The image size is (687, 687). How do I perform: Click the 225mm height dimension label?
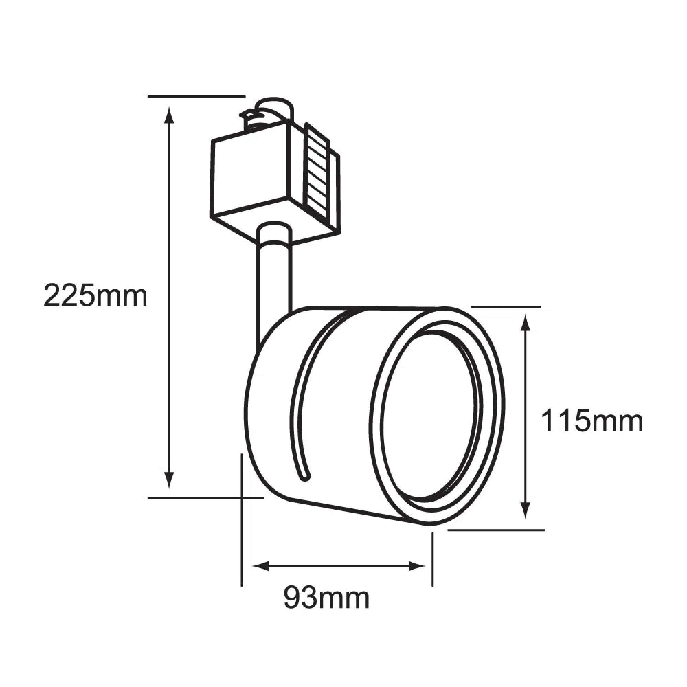point(95,296)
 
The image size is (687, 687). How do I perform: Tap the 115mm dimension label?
point(592,420)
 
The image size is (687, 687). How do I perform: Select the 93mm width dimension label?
point(326,598)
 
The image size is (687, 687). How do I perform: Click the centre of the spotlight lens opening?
point(431,416)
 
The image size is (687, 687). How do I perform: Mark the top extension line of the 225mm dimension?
point(196,96)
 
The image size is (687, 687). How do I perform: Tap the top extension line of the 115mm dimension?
point(506,306)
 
